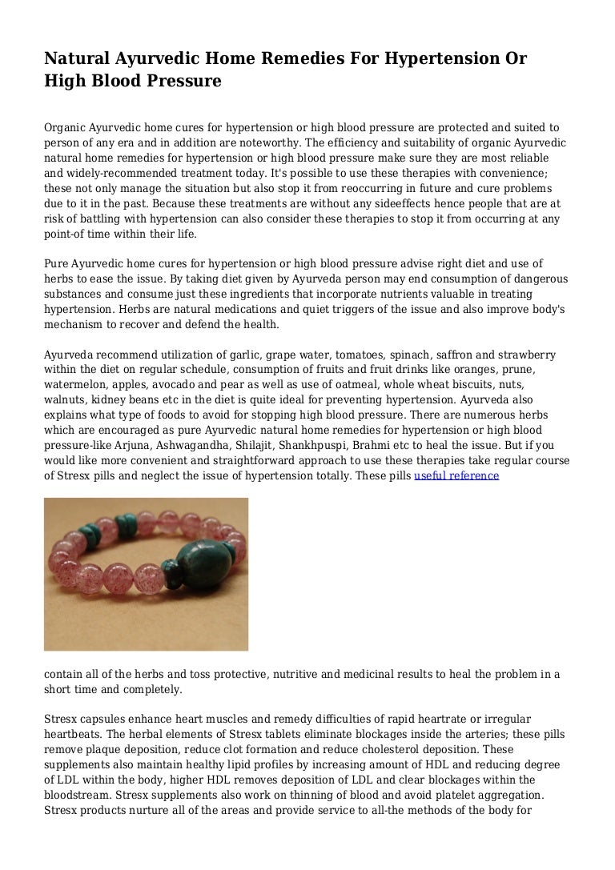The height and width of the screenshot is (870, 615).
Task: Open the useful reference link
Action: point(456,475)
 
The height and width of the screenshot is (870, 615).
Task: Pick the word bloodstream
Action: point(79,796)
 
